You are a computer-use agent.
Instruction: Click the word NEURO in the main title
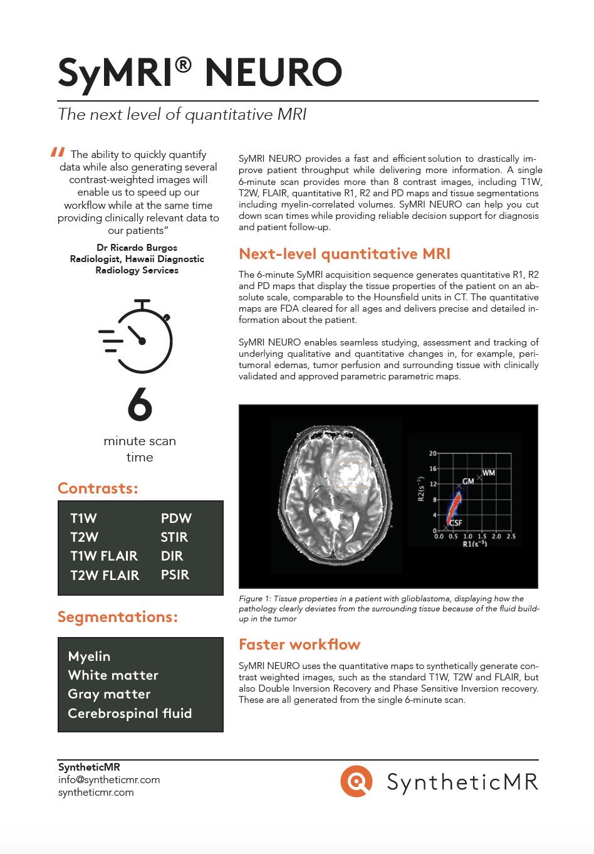pyautogui.click(x=273, y=73)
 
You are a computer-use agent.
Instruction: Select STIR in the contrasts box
pyautogui.click(x=174, y=537)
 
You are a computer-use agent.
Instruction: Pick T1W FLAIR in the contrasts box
pyautogui.click(x=104, y=556)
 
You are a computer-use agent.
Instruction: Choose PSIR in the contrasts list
pyautogui.click(x=175, y=575)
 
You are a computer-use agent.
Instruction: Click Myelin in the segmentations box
pyautogui.click(x=89, y=656)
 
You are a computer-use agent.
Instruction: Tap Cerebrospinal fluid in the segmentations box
pyautogui.click(x=130, y=714)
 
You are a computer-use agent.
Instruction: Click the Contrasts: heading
pyautogui.click(x=98, y=488)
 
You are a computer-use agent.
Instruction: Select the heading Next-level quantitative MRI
pyautogui.click(x=345, y=254)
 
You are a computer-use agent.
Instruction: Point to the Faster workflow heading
pyautogui.click(x=300, y=645)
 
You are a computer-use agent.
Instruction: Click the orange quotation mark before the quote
pyautogui.click(x=58, y=152)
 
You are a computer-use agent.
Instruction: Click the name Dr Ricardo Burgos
pyautogui.click(x=137, y=248)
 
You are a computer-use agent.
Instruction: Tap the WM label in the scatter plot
pyautogui.click(x=489, y=473)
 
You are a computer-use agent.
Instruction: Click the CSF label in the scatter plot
pyautogui.click(x=456, y=522)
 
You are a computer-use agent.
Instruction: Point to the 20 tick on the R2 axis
pyautogui.click(x=432, y=453)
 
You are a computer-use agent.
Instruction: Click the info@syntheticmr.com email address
pyautogui.click(x=109, y=780)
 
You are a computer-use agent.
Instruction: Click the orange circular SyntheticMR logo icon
pyautogui.click(x=357, y=781)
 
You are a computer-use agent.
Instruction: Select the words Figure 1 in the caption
pyautogui.click(x=251, y=599)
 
